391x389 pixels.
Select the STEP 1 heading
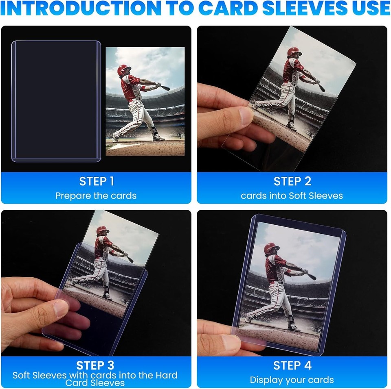point(96,181)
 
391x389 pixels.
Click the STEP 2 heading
point(292,181)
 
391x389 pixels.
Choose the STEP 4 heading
point(292,365)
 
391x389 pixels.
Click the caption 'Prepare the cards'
point(96,196)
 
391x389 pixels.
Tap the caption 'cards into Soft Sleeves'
point(292,196)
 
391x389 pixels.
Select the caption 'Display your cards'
point(292,380)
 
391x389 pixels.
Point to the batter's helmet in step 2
point(294,52)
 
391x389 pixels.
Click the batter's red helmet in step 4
point(271,248)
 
